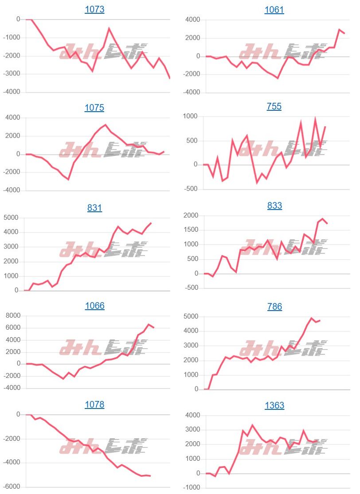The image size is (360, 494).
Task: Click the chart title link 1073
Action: [x=94, y=9]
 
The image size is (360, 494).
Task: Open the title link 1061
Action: [x=274, y=10]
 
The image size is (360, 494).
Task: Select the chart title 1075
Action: [x=94, y=108]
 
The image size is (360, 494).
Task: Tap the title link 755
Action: [x=274, y=106]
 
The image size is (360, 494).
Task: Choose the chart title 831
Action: [x=94, y=207]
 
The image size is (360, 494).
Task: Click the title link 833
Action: [x=274, y=206]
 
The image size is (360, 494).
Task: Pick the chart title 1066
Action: [x=94, y=306]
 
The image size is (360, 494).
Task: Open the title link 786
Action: [x=274, y=307]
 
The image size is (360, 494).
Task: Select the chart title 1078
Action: [x=94, y=405]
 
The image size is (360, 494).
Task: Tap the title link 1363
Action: [x=274, y=405]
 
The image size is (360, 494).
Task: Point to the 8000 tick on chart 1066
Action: [x=12, y=315]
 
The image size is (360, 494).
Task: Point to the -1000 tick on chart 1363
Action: [x=191, y=488]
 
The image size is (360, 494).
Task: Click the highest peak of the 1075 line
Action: [x=105, y=125]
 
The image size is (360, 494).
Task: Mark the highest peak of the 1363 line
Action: [x=252, y=425]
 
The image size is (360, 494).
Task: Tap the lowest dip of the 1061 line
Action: [x=278, y=78]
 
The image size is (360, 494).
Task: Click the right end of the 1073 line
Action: [x=170, y=78]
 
